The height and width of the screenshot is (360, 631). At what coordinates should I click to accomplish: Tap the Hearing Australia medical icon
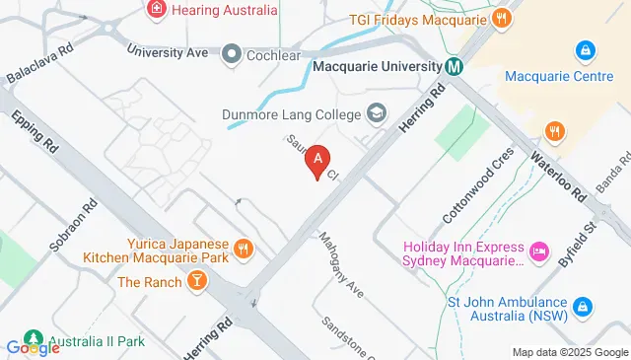(x=156, y=10)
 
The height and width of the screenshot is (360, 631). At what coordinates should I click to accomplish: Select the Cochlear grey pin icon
(x=233, y=53)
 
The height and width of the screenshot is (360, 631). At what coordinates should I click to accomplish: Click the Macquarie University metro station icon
(x=454, y=67)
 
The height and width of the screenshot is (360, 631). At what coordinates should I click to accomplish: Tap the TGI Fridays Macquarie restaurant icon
(x=502, y=17)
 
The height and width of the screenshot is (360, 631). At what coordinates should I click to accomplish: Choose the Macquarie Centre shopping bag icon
(x=586, y=49)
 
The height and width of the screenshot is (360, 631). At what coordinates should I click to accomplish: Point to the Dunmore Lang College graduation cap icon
(x=375, y=113)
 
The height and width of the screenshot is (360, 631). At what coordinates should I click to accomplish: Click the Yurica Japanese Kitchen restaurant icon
(x=243, y=250)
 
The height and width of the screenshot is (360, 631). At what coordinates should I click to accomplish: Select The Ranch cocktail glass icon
(x=199, y=283)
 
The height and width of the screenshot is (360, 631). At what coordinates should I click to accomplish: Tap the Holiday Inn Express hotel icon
(x=539, y=252)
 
